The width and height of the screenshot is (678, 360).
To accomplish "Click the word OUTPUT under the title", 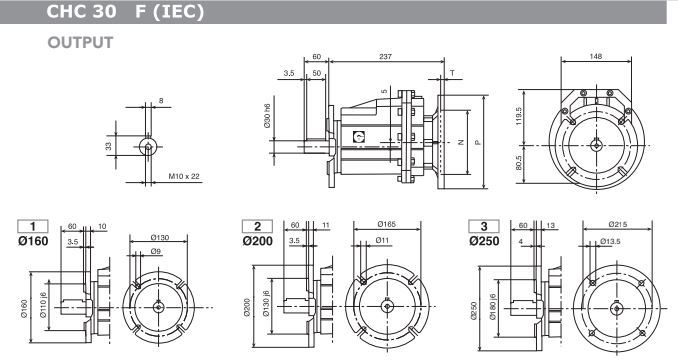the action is tap(80, 42).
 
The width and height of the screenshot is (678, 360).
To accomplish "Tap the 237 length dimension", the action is tap(385, 56).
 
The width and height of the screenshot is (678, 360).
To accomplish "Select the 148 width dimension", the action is tap(595, 56).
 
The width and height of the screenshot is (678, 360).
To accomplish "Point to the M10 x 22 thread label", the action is tap(184, 176).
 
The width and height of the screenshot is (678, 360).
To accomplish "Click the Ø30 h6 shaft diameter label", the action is tap(267, 115).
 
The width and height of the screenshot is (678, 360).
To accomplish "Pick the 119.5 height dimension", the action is tap(519, 116).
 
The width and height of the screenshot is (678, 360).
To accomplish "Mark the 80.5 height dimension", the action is tap(519, 163).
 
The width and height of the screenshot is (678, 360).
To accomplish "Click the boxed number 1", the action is tap(33, 226).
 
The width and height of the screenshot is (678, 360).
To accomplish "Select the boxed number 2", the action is tap(258, 226).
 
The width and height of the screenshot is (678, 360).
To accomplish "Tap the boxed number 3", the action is tap(484, 226).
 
